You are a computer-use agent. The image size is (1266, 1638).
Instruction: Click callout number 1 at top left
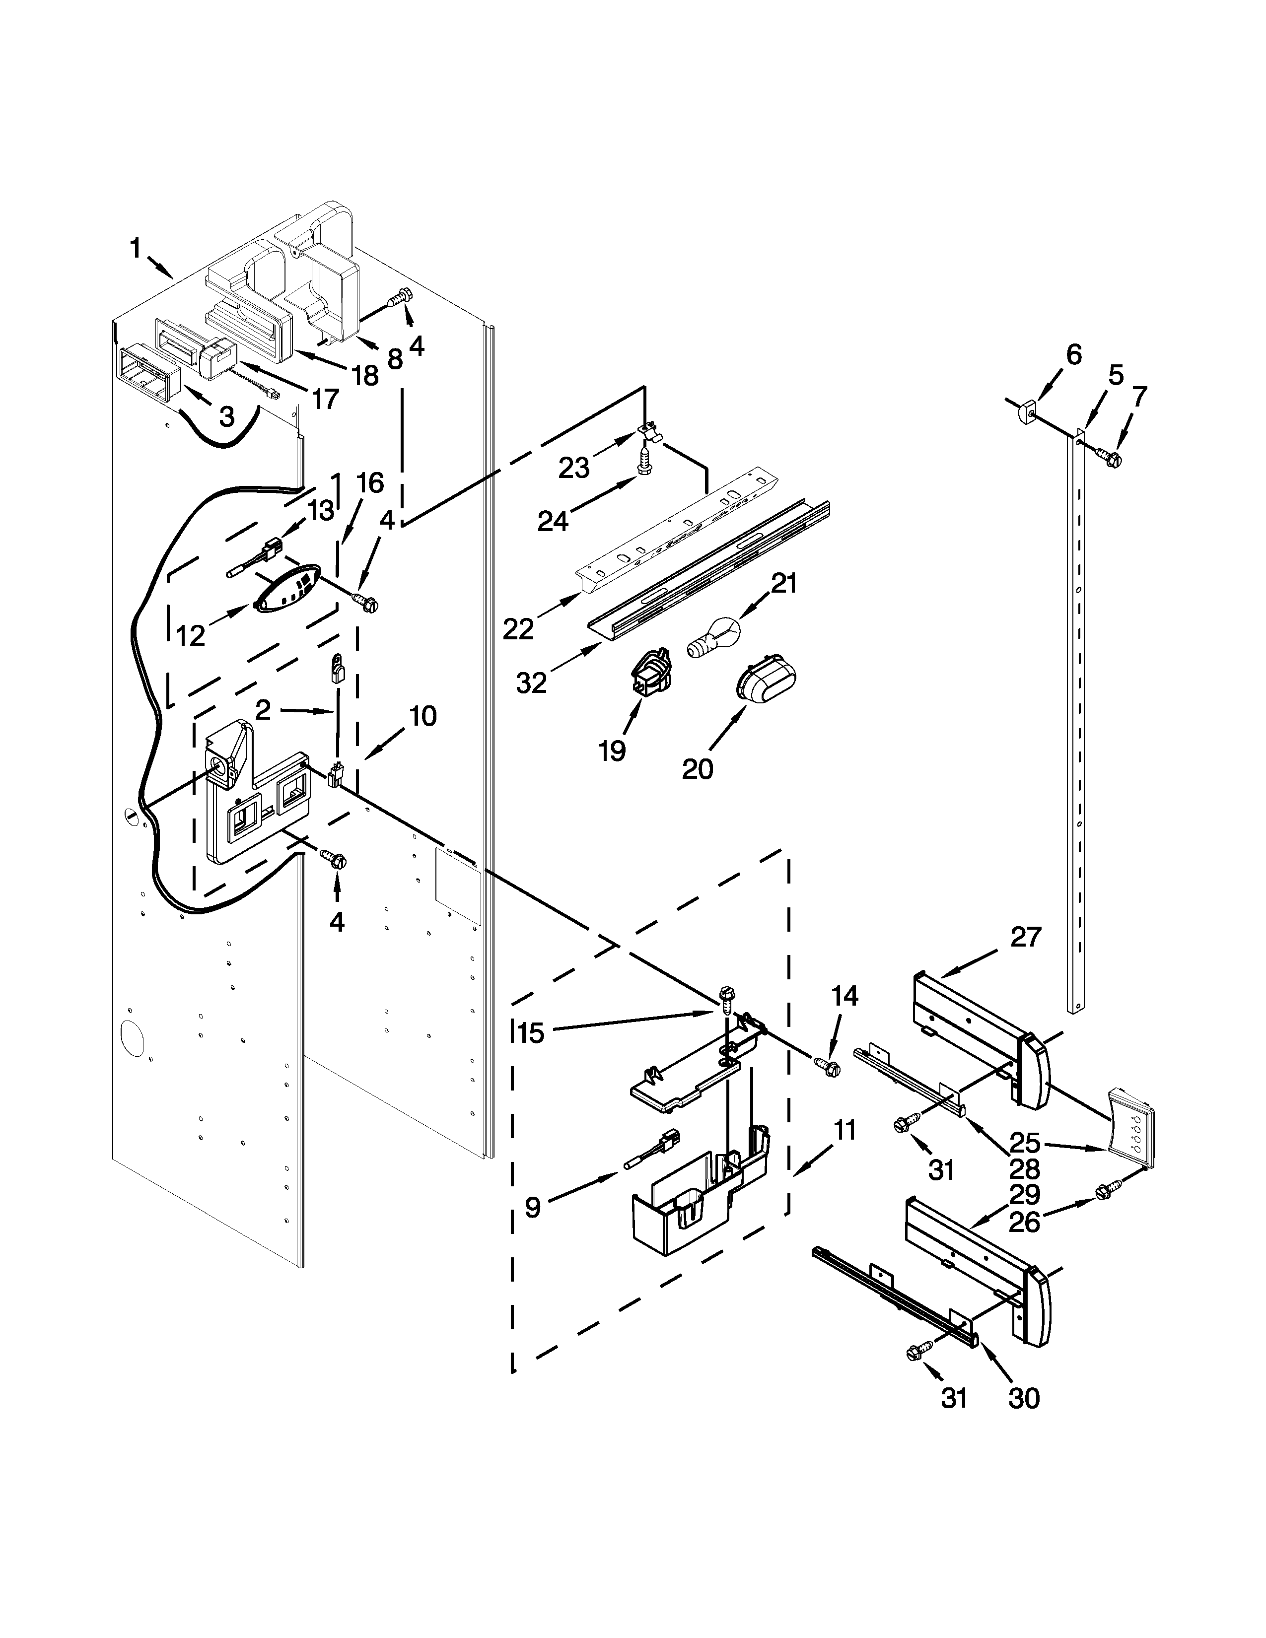[x=136, y=248]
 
